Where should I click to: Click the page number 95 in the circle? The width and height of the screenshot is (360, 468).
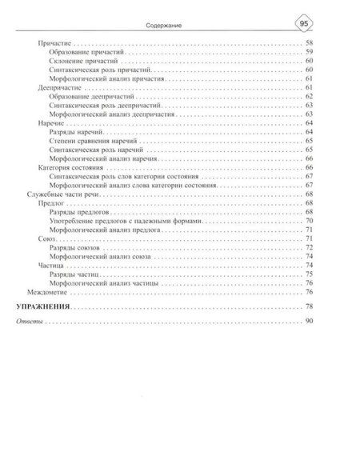[x=304, y=23]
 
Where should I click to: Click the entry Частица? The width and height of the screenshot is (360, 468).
[x=50, y=265]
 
